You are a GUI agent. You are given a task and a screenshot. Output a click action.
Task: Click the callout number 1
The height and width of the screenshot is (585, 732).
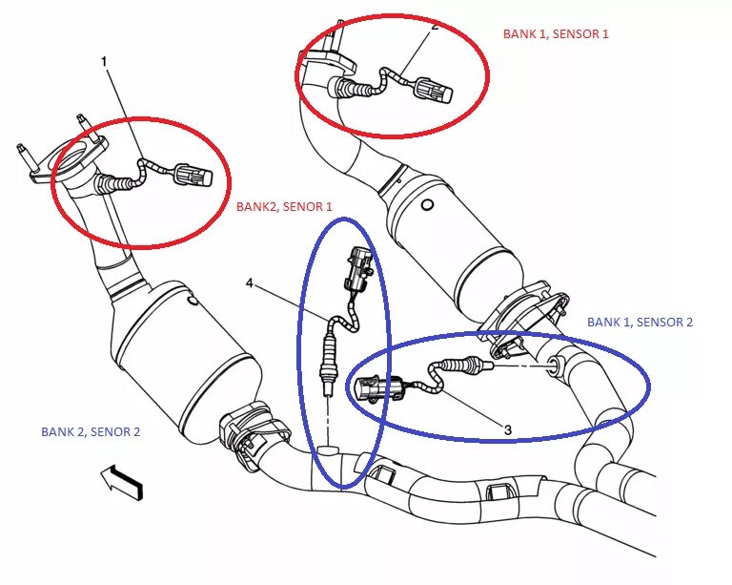[105, 62]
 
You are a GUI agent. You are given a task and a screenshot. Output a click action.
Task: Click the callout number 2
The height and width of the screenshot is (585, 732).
[435, 27]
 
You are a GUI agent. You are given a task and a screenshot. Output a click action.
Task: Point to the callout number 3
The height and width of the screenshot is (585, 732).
[507, 430]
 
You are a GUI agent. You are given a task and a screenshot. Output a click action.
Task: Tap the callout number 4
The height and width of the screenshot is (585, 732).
[250, 283]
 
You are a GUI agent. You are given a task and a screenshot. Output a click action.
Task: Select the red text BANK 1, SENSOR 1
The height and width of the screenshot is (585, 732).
[556, 33]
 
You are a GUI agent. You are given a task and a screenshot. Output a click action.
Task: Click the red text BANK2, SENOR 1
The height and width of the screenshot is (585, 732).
[284, 205]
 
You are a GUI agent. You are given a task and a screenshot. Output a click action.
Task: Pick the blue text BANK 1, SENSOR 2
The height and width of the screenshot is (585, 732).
[640, 322]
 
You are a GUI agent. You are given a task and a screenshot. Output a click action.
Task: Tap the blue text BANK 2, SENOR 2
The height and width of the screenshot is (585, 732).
[91, 431]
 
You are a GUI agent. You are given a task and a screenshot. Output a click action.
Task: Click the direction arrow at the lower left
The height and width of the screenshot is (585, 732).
[120, 479]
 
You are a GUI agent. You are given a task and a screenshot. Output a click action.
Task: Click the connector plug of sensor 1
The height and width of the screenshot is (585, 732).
[196, 177]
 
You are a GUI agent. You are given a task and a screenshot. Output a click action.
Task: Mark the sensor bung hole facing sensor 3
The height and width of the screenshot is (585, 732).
[555, 364]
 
